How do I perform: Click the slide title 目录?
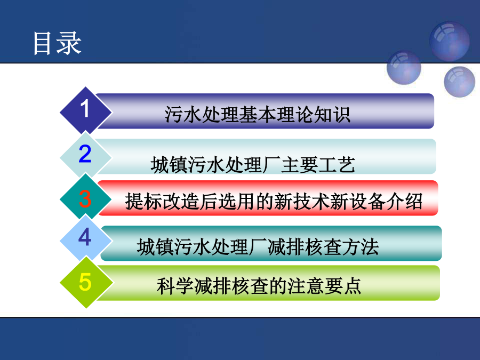(x=57, y=43)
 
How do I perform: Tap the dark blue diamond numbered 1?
(x=86, y=111)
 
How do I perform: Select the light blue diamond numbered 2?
(x=86, y=156)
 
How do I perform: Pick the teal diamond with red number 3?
(x=86, y=199)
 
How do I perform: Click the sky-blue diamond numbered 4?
(x=86, y=239)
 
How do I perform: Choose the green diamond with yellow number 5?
(x=86, y=282)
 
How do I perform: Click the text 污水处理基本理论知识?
(x=258, y=115)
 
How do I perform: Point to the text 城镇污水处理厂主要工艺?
(x=253, y=165)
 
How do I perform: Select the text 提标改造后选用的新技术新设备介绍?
(x=274, y=202)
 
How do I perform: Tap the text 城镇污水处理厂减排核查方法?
(x=258, y=247)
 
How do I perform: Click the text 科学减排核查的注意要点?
(x=259, y=286)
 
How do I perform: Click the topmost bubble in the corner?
(x=449, y=41)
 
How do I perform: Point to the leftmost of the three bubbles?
(x=404, y=68)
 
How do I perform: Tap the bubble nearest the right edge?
(x=459, y=82)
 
